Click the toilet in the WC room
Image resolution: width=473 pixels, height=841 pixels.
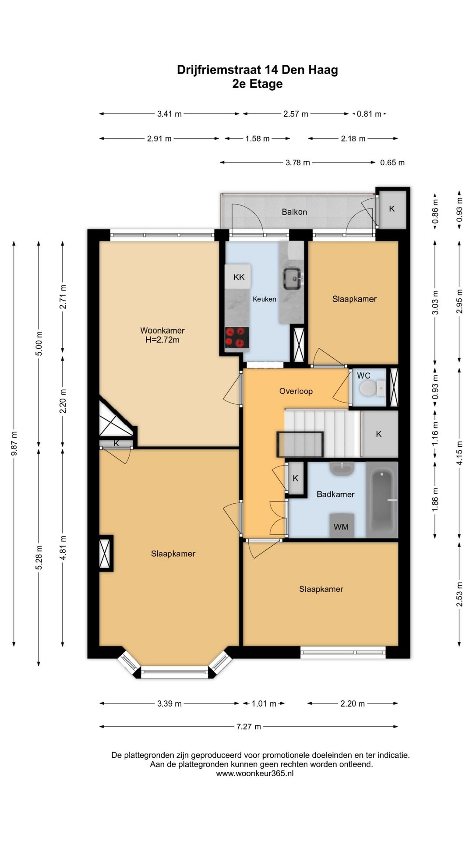(x=370, y=388)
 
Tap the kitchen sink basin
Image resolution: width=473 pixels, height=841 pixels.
(x=291, y=279)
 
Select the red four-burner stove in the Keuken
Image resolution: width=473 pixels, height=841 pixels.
(x=237, y=338)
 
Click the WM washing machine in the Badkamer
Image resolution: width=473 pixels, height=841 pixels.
(x=341, y=526)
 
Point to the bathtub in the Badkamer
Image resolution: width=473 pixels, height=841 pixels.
(x=382, y=500)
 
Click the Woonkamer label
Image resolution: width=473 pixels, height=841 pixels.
(x=162, y=331)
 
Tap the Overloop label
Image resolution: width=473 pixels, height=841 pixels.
(x=296, y=391)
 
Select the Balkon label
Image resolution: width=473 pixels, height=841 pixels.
(x=294, y=212)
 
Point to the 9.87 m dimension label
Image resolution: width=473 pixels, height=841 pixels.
(x=14, y=444)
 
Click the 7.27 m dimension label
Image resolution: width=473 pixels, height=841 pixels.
(x=249, y=727)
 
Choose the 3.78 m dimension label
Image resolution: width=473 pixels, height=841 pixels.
(x=298, y=163)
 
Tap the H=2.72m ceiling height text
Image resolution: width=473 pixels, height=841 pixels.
(x=162, y=340)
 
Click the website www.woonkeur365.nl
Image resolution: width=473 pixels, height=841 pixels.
(x=255, y=774)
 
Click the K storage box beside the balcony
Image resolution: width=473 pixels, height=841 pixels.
(x=392, y=208)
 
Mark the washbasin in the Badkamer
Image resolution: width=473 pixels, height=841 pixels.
(x=342, y=469)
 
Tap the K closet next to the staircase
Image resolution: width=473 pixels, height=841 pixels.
(x=379, y=434)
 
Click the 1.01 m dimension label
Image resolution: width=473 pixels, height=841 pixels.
(x=264, y=704)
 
